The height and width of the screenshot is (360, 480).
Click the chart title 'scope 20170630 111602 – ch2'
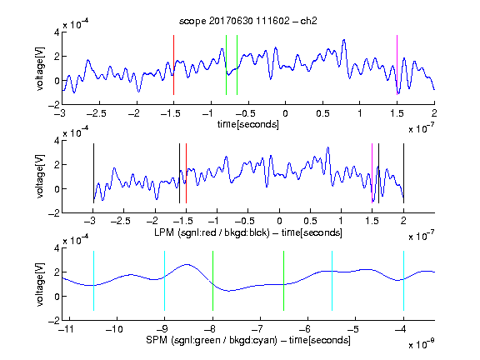pos(248,21)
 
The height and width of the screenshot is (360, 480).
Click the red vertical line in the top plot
pos(173,65)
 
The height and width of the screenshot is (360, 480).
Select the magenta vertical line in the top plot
pos(397,65)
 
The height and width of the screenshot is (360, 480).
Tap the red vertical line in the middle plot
pos(186,173)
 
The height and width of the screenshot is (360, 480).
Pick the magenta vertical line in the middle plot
pos(372,173)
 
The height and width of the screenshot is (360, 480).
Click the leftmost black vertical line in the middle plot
pos(93,173)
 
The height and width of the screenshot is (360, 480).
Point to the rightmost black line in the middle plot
pos(403,173)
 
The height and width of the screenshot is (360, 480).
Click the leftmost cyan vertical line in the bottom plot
pos(93,281)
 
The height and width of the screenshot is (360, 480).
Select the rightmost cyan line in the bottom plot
pos(403,281)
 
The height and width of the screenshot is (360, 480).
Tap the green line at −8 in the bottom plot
pos(212,281)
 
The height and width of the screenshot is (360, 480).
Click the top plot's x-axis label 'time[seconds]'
pos(248,125)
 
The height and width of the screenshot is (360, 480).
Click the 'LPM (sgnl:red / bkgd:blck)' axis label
pos(212,232)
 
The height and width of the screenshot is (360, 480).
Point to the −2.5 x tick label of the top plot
pos(96,113)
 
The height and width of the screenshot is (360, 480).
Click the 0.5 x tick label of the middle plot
pos(310,221)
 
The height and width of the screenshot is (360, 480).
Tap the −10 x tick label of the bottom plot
pos(114,329)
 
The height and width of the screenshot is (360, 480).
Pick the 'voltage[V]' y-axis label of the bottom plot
pos(40,284)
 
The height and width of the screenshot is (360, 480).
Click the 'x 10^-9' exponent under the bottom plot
pos(421,344)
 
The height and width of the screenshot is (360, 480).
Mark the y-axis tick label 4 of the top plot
pos(57,32)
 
